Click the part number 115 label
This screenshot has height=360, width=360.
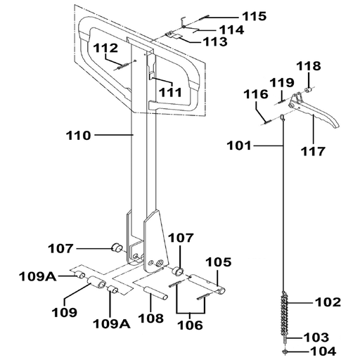pyautogui.click(x=254, y=16)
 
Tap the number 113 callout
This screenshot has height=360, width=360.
pyautogui.click(x=215, y=41)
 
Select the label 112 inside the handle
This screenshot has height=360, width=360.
pyautogui.click(x=105, y=48)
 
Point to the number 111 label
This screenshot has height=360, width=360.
pyautogui.click(x=170, y=92)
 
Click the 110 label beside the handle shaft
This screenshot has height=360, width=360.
pyautogui.click(x=78, y=136)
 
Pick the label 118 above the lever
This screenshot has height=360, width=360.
pyautogui.click(x=309, y=66)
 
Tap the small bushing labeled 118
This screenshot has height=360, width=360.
pyautogui.click(x=308, y=90)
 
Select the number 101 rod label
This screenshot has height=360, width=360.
pyautogui.click(x=239, y=146)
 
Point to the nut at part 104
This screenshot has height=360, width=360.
pyautogui.click(x=285, y=352)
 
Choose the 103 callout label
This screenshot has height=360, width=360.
pyautogui.click(x=316, y=337)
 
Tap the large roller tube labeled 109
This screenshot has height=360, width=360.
pyautogui.click(x=96, y=283)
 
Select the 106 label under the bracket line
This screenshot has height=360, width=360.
pyautogui.click(x=190, y=325)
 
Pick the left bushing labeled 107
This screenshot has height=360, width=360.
pyautogui.click(x=117, y=247)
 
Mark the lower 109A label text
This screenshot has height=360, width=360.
pyautogui.click(x=112, y=324)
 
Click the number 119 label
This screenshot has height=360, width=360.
pyautogui.click(x=282, y=83)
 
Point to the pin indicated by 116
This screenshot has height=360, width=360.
pyautogui.click(x=267, y=122)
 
